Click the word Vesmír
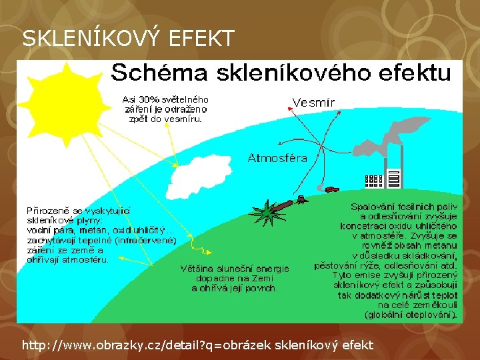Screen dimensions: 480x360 pos(313,102)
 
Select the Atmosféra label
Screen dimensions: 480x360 pos(277,158)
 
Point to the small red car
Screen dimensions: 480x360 pos(331,189)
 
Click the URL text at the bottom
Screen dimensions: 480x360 pos(197,345)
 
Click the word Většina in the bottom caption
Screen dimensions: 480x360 pos(197,269)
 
